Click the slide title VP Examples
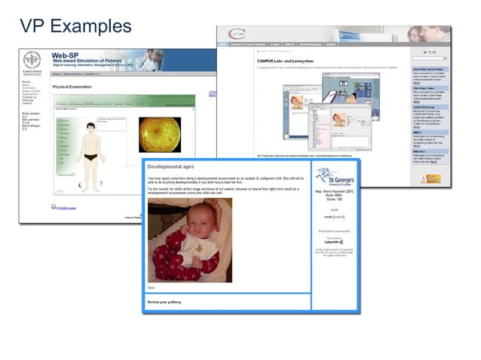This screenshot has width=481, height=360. tap(75, 26)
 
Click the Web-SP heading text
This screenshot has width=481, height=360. tap(66, 56)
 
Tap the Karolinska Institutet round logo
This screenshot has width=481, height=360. tap(32, 61)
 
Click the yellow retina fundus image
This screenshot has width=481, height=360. tap(160, 134)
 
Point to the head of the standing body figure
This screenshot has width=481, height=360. tap(90, 127)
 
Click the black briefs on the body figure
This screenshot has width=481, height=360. tap(90, 157)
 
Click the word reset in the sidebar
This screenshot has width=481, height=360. tap(334, 209)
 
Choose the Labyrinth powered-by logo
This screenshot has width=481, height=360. tap(334, 243)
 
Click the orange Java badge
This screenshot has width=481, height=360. tap(432, 178)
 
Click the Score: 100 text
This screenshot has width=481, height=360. tap(334, 199)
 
